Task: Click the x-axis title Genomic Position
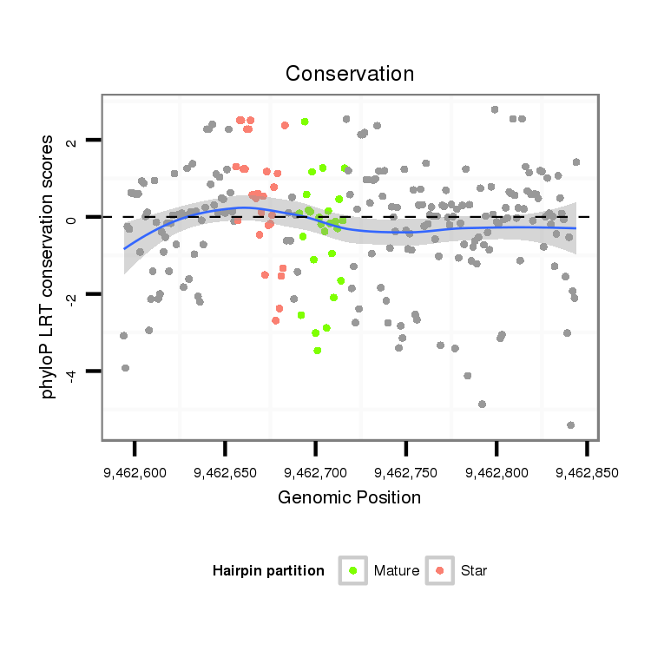[350, 497]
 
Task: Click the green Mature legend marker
[352, 570]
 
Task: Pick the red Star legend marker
[439, 570]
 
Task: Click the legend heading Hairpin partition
[268, 571]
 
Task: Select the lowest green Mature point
[318, 351]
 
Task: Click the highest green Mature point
[305, 122]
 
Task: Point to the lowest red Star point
[275, 320]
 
